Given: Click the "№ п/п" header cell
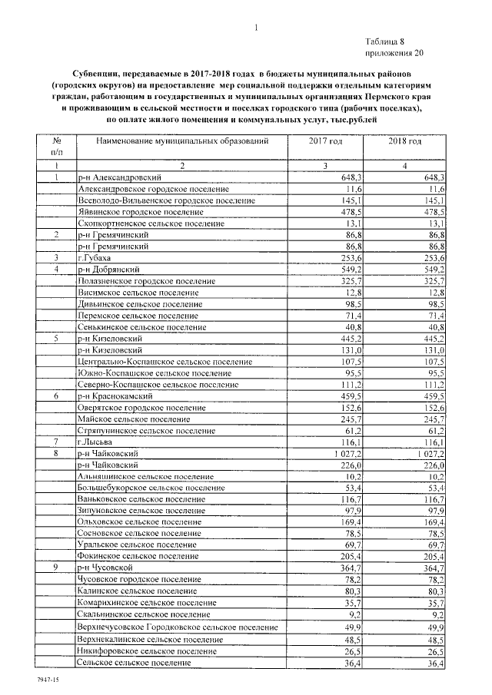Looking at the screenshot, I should pos(57,148).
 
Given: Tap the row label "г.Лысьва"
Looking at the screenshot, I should pos(95,443).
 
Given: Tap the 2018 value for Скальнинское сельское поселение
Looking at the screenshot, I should pos(437,615).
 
